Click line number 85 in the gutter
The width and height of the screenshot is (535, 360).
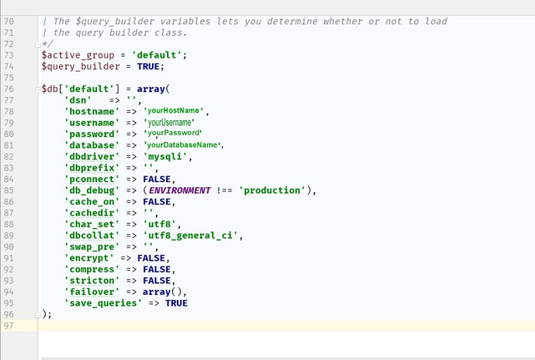pos(9,190)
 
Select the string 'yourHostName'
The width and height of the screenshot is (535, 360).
pos(174,110)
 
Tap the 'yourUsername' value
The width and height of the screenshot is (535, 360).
pos(169,122)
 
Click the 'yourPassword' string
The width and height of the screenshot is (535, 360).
pos(173,133)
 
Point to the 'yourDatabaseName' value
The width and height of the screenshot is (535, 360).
pos(182,145)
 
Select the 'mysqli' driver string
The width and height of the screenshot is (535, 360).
pos(165,157)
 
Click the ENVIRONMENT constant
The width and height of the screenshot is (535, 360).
pos(179,190)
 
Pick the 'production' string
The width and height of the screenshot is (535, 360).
pos(272,190)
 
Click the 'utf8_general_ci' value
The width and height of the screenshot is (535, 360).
pos(190,236)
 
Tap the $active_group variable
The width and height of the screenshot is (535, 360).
pos(78,55)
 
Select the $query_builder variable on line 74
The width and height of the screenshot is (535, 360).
pos(80,67)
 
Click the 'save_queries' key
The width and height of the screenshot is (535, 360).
pos(103,303)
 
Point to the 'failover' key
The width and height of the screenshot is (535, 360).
pos(92,292)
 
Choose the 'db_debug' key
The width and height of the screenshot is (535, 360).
pos(92,190)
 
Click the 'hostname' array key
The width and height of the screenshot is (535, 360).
pos(92,112)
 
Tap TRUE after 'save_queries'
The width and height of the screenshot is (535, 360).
pos(176,303)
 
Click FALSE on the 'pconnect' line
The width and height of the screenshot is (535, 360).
pos(157,180)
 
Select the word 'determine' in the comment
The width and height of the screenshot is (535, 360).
pos(292,22)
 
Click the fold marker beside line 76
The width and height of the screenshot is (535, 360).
pos(38,89)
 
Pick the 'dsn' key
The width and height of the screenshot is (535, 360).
pos(78,100)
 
